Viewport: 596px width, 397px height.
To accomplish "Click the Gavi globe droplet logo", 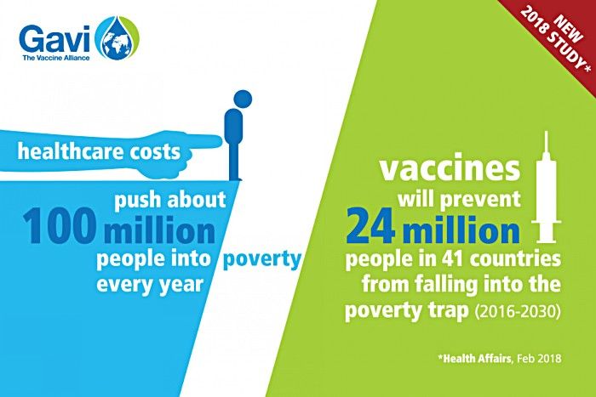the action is (x=117, y=38).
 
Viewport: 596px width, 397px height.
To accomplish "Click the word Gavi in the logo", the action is (x=54, y=39).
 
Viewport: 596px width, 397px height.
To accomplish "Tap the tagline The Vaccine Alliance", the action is (x=56, y=58).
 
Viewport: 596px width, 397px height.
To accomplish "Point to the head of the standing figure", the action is (x=243, y=99).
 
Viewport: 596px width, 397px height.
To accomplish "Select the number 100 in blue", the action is (x=60, y=228).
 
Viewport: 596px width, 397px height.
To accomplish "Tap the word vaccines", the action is (x=450, y=168).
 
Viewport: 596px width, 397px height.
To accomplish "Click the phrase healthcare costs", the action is (x=100, y=151).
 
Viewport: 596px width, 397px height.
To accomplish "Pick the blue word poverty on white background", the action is (x=262, y=260).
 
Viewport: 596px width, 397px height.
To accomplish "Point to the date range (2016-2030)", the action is (x=518, y=311).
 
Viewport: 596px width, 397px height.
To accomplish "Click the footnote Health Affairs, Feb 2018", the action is (x=500, y=358).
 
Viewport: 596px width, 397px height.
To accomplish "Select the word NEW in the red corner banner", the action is (x=569, y=29).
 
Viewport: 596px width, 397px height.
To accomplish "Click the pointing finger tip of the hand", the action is (x=220, y=142).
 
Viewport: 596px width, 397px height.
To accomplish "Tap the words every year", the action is (x=149, y=285).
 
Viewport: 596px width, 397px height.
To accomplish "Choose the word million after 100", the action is (x=159, y=230).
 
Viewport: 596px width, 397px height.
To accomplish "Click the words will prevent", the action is (x=459, y=199).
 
